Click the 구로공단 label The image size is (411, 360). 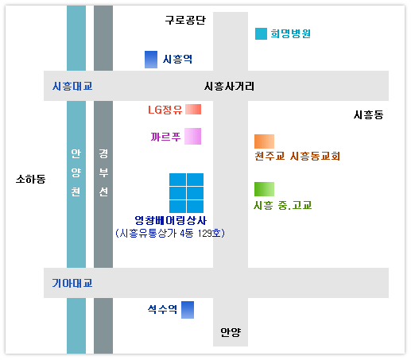[185, 20]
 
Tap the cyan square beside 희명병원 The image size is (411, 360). [261, 33]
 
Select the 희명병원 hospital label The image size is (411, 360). [290, 33]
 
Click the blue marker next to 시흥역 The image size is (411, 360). [151, 60]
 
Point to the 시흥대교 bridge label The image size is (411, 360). [72, 86]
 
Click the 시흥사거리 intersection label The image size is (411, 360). [229, 86]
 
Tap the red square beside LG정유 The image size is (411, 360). [193, 109]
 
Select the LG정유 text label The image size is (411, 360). [165, 110]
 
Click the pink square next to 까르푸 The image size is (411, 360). [192, 136]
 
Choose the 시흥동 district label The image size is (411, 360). [369, 115]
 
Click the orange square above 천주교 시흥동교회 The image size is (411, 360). [264, 141]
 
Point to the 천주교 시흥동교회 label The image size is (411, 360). [297, 156]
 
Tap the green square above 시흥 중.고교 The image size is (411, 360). [264, 189]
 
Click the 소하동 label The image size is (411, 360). [31, 179]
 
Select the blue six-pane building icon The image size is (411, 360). [187, 193]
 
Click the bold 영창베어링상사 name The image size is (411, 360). [171, 220]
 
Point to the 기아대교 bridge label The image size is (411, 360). [72, 283]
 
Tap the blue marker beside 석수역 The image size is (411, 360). [188, 310]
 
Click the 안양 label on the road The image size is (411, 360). [231, 332]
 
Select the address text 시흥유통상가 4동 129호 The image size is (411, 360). [170, 233]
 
